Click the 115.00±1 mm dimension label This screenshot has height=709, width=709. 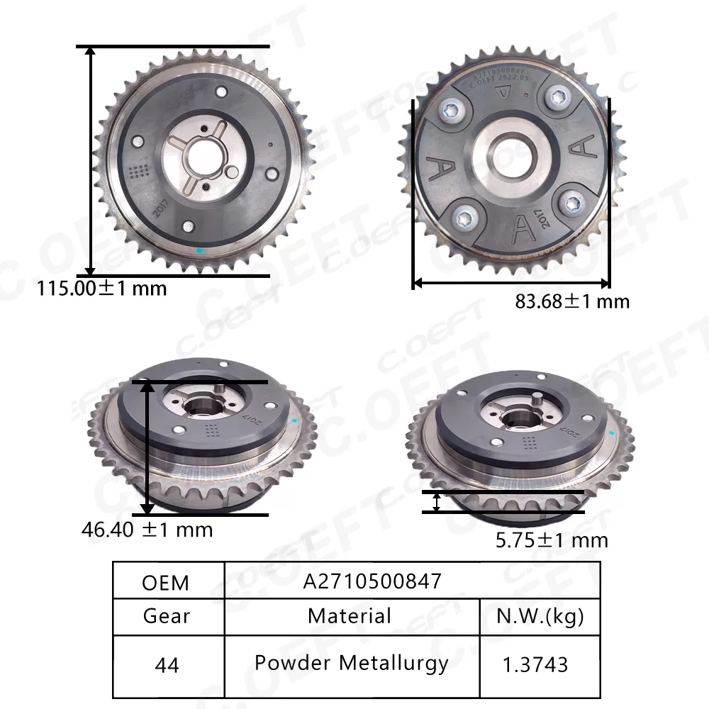(102, 289)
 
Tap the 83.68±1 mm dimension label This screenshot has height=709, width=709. (572, 301)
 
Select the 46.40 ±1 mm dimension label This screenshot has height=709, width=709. (147, 530)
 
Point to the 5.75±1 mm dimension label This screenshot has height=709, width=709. (552, 540)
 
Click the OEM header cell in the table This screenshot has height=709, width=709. (166, 583)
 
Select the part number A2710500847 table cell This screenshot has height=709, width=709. (373, 581)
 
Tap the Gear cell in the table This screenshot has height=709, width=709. (167, 615)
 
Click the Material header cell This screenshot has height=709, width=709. (350, 615)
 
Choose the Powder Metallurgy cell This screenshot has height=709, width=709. (352, 663)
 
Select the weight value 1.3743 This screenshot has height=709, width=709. (535, 664)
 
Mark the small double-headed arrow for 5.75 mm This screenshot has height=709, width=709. (437, 502)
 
